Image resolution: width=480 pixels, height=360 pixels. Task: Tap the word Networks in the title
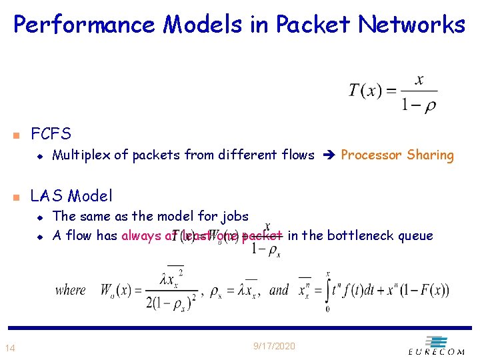[411, 25]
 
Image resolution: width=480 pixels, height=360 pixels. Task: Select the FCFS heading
[51, 133]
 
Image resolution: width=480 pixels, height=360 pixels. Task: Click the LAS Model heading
[72, 196]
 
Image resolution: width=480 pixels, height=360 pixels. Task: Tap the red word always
[141, 235]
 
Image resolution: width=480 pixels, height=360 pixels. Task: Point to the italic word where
[71, 290]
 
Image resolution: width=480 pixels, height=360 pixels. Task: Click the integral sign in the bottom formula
[329, 291]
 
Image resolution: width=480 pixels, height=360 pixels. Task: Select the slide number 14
[10, 347]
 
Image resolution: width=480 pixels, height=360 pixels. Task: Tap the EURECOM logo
[436, 346]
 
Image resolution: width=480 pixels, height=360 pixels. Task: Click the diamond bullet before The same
[40, 217]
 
